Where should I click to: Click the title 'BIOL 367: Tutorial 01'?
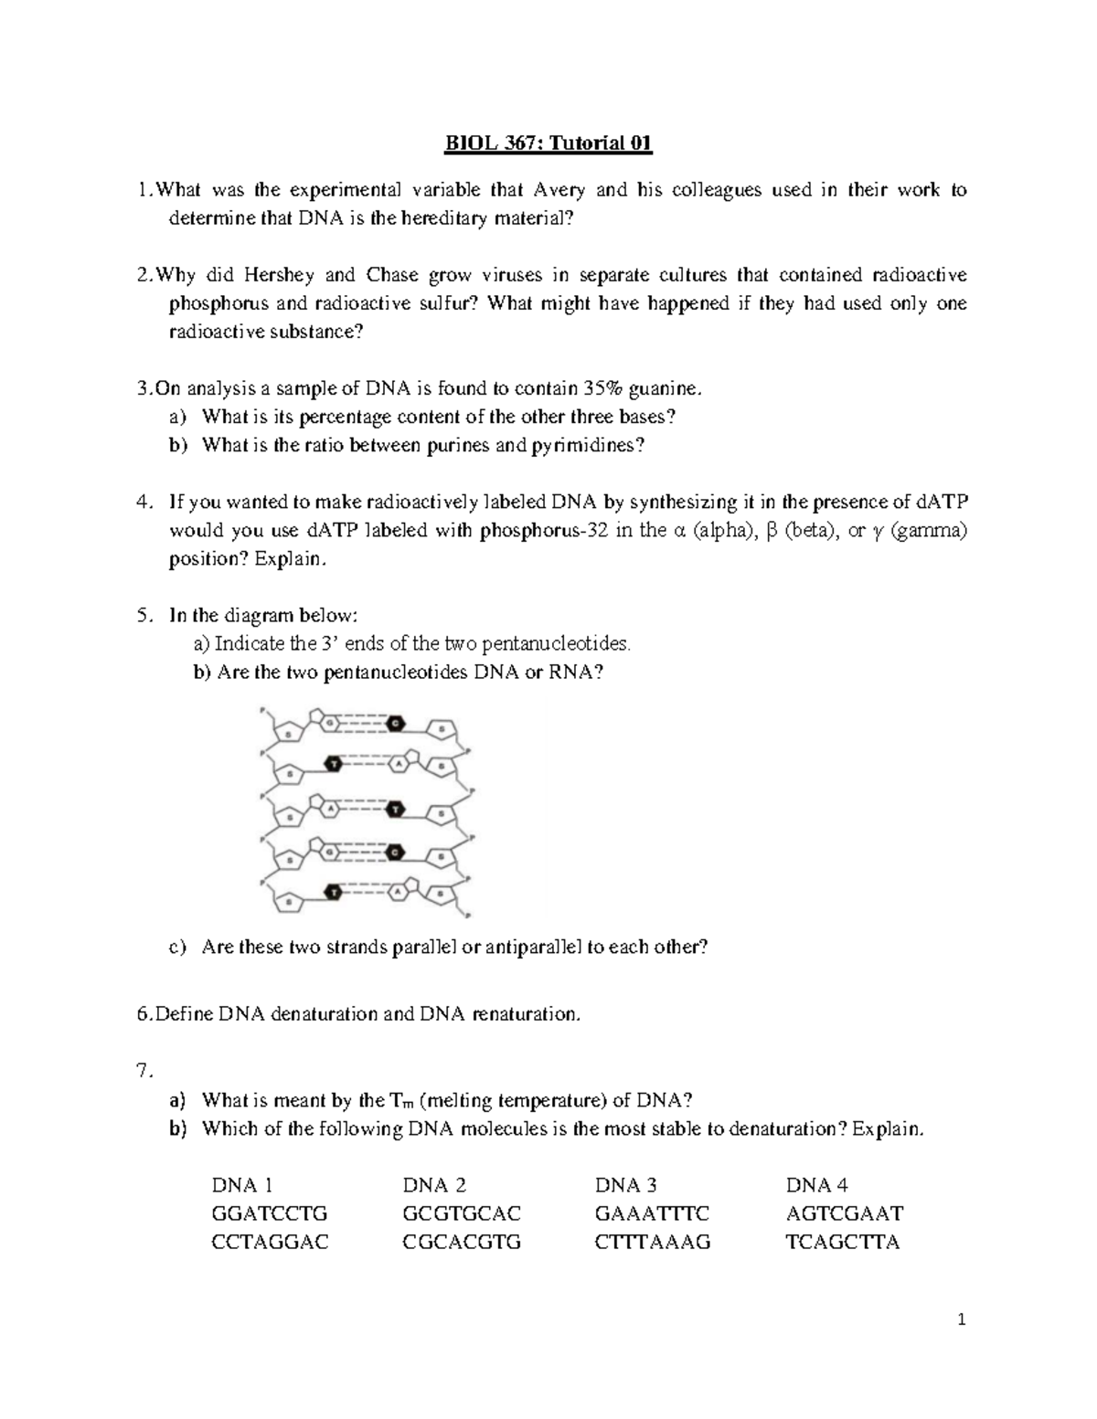tap(548, 143)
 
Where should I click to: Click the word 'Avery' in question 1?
tap(559, 190)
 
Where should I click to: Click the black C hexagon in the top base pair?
tap(395, 724)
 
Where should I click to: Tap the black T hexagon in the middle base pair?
tap(395, 809)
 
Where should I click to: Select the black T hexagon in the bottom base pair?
tap(335, 892)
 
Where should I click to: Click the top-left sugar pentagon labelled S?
tap(289, 733)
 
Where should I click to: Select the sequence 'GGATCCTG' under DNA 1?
tap(269, 1214)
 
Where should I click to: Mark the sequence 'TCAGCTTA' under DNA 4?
tap(843, 1243)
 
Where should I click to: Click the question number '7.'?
tap(143, 1072)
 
